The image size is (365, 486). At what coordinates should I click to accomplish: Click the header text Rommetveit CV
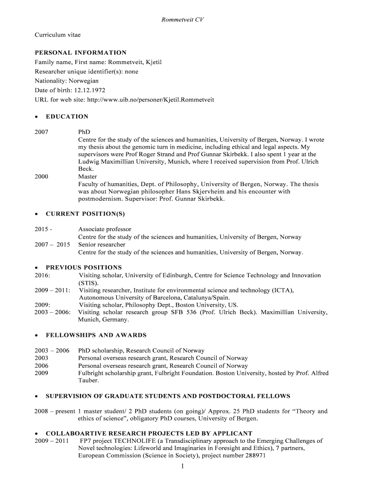coord(182,20)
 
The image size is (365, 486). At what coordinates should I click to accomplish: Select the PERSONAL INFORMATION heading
coord(81,53)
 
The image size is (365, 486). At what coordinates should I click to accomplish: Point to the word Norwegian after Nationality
coord(83,81)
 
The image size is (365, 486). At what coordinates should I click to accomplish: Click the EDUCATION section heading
coord(67,116)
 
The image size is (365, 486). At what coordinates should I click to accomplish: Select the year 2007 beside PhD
coord(41,131)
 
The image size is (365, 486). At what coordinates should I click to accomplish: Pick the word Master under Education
coord(88,176)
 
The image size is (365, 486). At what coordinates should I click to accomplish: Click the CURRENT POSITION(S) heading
coord(85,214)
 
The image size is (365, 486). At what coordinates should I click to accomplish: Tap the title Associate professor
coord(105,229)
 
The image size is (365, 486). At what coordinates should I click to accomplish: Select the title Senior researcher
coord(102,244)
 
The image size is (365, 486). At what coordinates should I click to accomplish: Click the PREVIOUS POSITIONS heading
coord(83,267)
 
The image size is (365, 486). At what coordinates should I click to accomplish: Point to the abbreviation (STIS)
coord(89,282)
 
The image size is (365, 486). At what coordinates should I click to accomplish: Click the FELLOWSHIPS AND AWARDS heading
coord(96,335)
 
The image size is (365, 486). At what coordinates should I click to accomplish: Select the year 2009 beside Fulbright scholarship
coord(41,373)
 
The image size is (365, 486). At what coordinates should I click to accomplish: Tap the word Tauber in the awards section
coord(88,380)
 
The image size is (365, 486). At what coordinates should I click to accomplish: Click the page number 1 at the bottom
coord(182,467)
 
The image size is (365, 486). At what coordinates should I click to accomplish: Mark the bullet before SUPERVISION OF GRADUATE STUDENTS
coord(36,396)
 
